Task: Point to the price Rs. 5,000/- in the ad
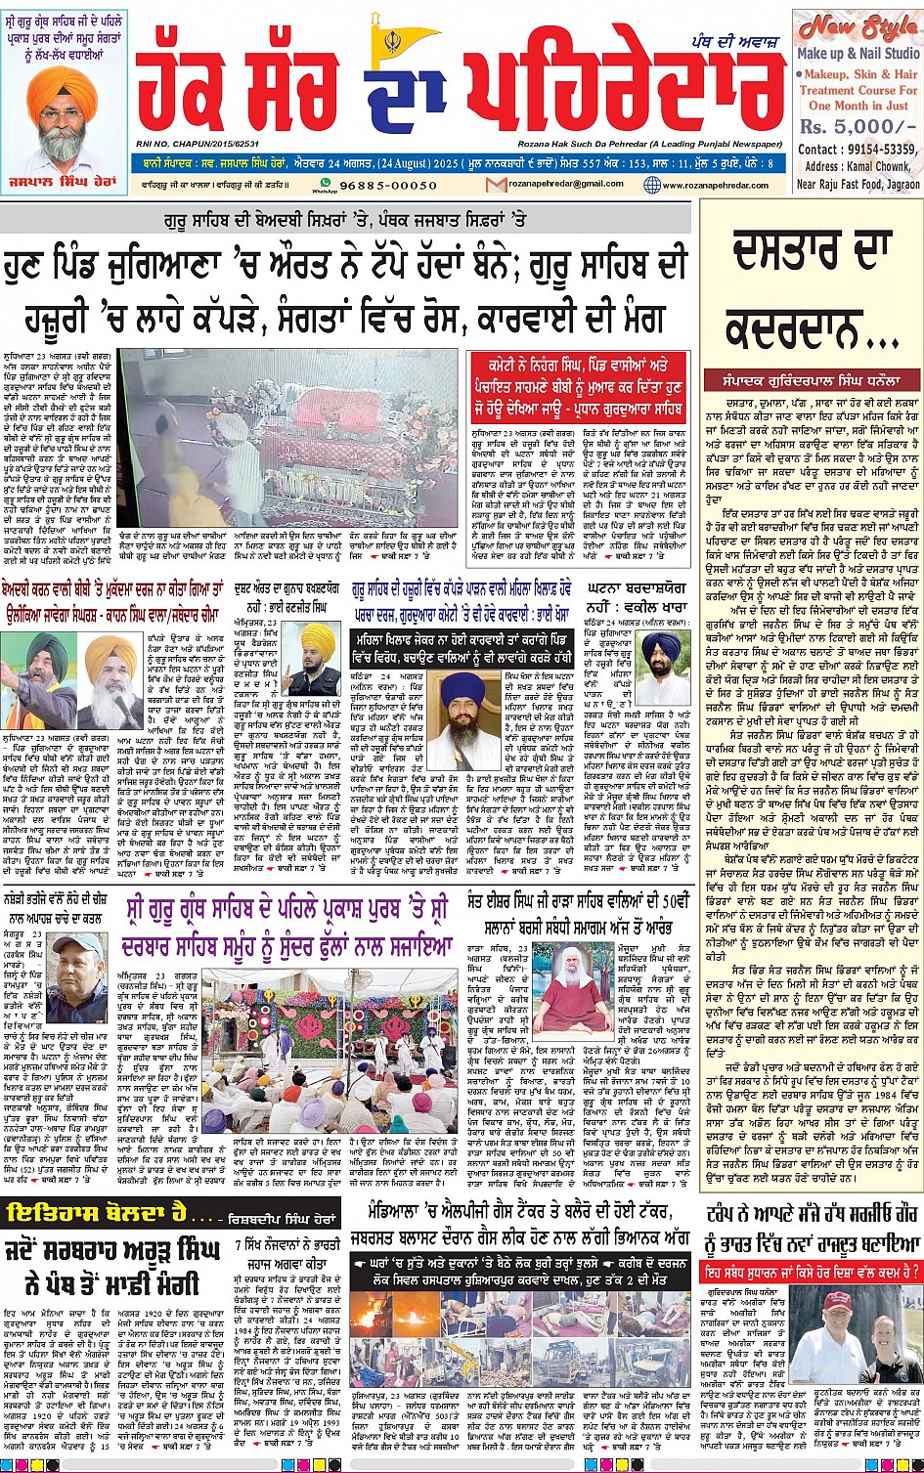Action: tap(846, 127)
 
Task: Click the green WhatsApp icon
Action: tap(327, 183)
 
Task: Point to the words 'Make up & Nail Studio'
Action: tap(858, 54)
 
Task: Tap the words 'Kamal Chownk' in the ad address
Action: tap(880, 166)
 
